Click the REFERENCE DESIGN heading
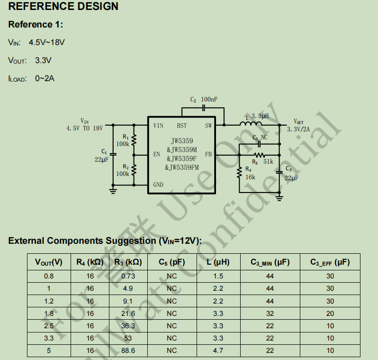point(63,7)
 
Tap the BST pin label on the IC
point(182,126)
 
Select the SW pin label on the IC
point(208,126)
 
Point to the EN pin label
point(157,154)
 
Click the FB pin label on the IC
point(208,154)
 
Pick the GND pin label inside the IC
point(158,185)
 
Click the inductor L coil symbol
point(251,124)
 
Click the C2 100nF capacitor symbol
point(203,108)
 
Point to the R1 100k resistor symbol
point(134,140)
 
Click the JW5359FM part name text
point(182,167)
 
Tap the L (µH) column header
point(218,262)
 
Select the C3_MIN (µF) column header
point(270,262)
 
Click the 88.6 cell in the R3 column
point(128,351)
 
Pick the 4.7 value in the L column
point(218,351)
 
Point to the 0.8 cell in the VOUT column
point(49,276)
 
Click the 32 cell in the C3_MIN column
point(270,314)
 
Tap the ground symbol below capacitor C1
point(113,191)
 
